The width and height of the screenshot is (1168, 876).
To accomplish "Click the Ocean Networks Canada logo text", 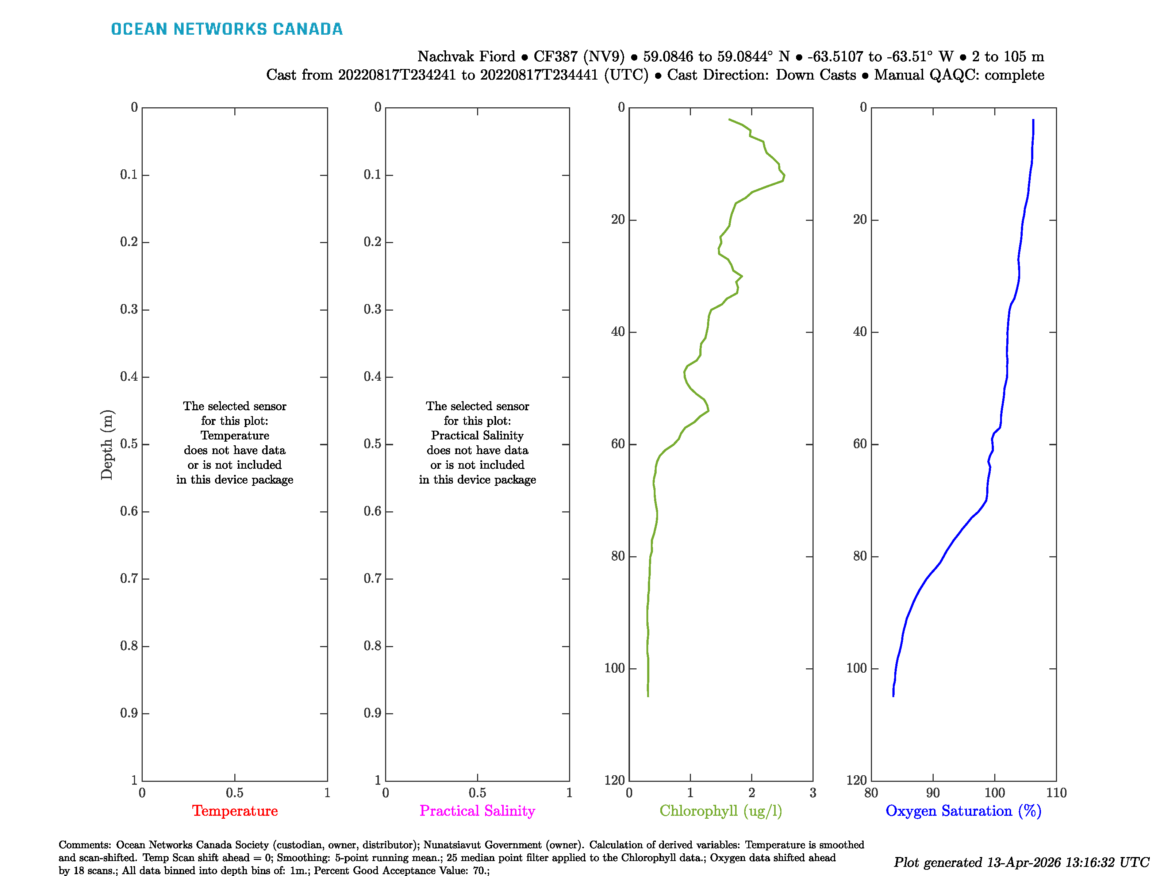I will (x=227, y=29).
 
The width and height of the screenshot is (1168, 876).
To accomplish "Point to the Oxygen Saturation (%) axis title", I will (x=963, y=811).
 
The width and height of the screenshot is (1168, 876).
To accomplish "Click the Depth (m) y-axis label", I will (x=107, y=444).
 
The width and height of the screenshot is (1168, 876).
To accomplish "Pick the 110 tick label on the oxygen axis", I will (x=1056, y=792).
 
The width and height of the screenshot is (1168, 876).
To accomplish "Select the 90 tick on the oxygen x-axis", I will (x=933, y=792).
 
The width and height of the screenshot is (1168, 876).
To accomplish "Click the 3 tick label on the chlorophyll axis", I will (x=812, y=792).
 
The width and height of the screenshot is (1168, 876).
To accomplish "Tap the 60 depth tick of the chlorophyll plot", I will (x=618, y=444).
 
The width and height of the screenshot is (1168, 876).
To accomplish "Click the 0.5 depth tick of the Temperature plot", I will (x=128, y=444).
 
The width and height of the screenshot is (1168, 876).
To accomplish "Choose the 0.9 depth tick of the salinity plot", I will (x=372, y=713).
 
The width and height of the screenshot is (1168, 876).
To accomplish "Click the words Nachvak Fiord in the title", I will (x=466, y=57).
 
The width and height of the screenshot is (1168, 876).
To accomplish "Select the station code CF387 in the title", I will (x=556, y=57).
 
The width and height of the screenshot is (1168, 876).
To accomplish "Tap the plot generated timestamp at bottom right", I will (x=1021, y=862).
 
